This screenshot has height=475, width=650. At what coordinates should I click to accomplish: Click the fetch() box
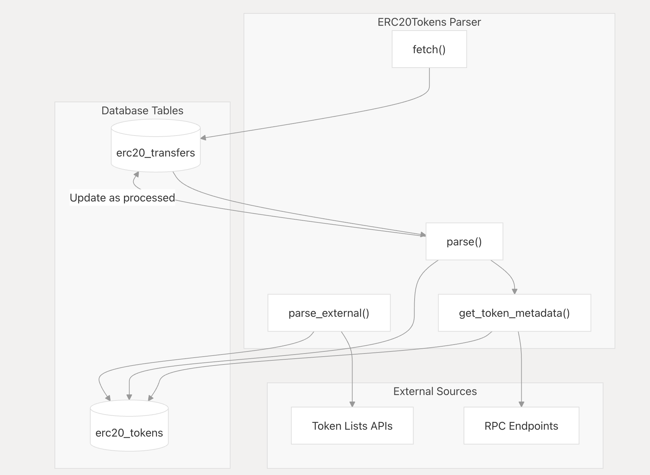point(429,49)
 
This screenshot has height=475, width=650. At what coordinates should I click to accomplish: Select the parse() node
point(464,241)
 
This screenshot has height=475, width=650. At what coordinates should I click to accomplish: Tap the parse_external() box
point(329,313)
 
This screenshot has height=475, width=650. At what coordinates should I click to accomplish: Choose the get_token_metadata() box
point(514,313)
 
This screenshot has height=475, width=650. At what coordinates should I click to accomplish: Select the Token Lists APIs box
point(352,426)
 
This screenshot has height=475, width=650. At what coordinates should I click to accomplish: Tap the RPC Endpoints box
point(521,426)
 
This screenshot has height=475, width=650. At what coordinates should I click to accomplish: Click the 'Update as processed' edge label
point(122,198)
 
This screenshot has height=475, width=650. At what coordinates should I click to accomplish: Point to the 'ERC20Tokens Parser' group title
point(429,22)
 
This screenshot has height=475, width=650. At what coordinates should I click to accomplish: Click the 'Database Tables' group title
point(142,111)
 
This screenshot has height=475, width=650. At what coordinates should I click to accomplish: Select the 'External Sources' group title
point(435,391)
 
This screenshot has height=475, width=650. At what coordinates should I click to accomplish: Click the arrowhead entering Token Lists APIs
point(352,404)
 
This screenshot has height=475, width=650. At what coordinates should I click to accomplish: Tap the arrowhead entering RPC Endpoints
point(521,404)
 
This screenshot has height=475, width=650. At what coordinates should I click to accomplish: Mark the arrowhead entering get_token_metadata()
point(514,291)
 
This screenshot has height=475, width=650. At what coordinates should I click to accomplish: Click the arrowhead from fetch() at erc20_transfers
point(203,138)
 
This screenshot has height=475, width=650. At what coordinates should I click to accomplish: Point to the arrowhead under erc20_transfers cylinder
point(137,174)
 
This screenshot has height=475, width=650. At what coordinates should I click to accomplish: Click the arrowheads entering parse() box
point(423,235)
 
